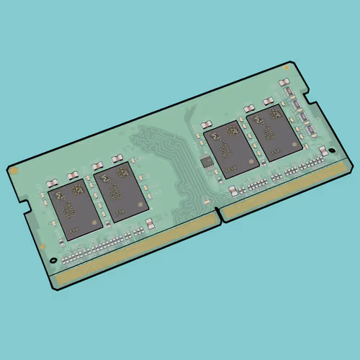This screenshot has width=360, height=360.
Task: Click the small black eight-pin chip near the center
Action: point(207,161)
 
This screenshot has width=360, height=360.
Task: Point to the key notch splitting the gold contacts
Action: point(220,214)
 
